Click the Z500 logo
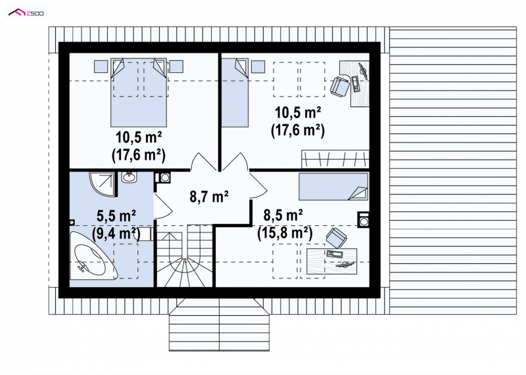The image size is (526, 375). (x=26, y=12)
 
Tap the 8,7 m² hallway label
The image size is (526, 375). (x=209, y=196)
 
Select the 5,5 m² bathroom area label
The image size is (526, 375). (x=116, y=215)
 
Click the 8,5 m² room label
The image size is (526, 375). (x=283, y=215)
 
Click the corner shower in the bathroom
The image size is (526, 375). (x=103, y=184)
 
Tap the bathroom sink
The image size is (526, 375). (x=128, y=177)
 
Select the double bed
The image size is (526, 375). (x=139, y=92)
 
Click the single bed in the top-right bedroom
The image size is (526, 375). (x=235, y=93)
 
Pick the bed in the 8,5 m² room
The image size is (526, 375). (x=333, y=186)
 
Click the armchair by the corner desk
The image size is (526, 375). (x=340, y=86)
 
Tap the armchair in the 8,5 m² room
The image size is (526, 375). (x=336, y=238)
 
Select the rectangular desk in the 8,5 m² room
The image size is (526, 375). (x=332, y=261)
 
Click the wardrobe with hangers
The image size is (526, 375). (x=335, y=159)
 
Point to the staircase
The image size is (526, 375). (x=185, y=255)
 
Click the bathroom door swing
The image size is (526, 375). (x=163, y=206)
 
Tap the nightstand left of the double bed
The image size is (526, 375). (x=100, y=66)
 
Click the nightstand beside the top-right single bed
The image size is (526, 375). (x=258, y=66)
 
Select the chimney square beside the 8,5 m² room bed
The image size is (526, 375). (x=364, y=220)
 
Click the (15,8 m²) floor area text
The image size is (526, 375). (x=285, y=232)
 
